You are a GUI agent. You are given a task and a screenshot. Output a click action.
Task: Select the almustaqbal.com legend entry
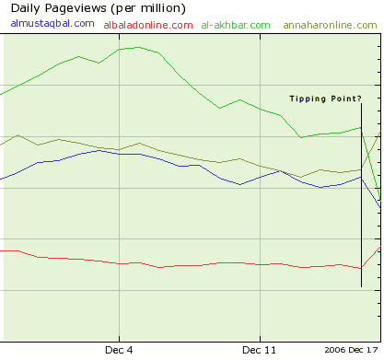click(x=52, y=23)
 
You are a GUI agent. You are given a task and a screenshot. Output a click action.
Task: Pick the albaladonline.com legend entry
click(x=148, y=25)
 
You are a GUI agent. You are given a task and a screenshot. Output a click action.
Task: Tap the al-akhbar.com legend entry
click(x=236, y=25)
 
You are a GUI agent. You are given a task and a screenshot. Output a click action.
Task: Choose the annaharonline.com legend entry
click(x=330, y=25)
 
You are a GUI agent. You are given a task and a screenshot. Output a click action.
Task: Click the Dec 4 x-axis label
click(x=119, y=350)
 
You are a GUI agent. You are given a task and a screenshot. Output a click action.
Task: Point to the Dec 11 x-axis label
click(x=259, y=350)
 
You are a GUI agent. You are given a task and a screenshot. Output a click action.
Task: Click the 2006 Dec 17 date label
click(x=351, y=350)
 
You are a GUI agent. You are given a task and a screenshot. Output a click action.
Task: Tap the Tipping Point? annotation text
click(x=325, y=99)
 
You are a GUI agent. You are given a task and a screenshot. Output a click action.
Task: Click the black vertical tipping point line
click(x=361, y=195)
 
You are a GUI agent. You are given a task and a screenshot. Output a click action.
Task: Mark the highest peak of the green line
click(x=138, y=47)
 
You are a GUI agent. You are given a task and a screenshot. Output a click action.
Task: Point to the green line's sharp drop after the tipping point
click(x=371, y=164)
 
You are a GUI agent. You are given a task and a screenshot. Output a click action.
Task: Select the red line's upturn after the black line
click(x=371, y=257)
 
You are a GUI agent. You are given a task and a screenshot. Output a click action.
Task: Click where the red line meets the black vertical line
click(x=361, y=268)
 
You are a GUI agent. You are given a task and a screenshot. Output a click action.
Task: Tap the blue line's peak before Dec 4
click(x=99, y=150)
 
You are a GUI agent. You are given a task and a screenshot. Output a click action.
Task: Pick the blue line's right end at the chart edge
click(x=380, y=208)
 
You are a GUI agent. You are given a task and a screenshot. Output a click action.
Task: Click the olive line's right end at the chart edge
click(x=380, y=132)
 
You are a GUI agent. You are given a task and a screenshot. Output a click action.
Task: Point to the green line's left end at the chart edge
click(x=1, y=94)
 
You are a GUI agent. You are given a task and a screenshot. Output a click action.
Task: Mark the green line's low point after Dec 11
click(x=301, y=137)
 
